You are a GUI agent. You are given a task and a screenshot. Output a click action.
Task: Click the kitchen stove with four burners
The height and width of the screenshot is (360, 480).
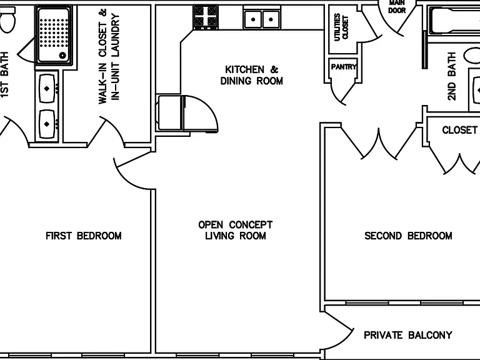point(206,17)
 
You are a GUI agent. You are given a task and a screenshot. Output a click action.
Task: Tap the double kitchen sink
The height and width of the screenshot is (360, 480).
point(262,19)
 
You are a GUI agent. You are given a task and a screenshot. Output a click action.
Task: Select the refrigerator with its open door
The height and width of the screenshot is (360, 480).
point(187,113)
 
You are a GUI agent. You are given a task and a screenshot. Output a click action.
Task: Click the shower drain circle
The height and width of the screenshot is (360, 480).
point(62,56)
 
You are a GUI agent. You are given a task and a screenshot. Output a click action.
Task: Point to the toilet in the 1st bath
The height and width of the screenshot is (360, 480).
point(7,19)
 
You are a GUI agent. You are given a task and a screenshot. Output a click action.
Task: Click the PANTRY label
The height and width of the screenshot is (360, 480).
point(344,67)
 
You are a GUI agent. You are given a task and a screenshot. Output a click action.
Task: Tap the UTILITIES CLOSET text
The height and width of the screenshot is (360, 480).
point(341,27)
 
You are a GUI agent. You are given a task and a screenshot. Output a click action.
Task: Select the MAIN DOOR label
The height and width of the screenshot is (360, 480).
point(397,7)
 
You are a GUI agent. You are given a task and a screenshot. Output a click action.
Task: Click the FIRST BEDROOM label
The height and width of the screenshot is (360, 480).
point(84,236)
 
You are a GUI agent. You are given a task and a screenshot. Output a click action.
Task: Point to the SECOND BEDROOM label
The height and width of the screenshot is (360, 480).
point(408,236)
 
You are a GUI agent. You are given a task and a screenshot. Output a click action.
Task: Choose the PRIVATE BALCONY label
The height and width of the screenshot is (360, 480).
point(408,335)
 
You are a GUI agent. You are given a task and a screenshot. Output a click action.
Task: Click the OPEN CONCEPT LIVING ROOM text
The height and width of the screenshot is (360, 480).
point(236,230)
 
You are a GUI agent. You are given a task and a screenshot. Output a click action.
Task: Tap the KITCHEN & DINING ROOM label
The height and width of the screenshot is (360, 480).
point(252,75)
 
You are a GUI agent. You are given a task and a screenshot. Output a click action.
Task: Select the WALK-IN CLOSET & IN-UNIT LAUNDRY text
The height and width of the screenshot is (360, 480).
point(109,57)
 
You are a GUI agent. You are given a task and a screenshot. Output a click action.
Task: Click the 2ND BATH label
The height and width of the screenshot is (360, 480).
point(452,76)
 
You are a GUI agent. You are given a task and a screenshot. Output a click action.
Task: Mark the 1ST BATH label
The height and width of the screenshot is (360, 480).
point(4,75)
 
